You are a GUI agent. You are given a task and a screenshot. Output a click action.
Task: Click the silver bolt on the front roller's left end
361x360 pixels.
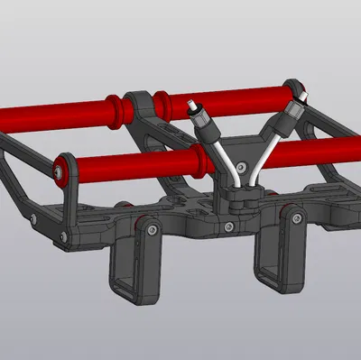point(61,170)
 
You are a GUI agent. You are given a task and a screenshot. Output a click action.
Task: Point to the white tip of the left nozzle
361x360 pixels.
point(190,104)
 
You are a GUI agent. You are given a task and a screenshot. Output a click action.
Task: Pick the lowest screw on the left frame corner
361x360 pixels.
point(62,237)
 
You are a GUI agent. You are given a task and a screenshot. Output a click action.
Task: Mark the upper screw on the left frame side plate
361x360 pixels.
point(34,219)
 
